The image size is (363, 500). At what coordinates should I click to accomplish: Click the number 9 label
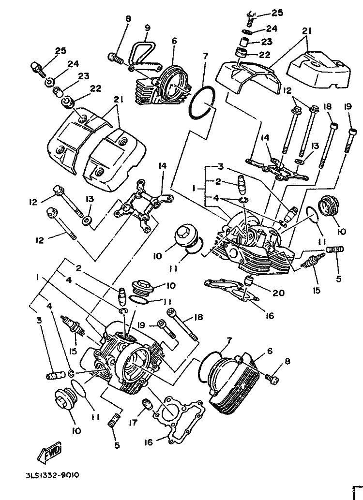[x=147, y=28]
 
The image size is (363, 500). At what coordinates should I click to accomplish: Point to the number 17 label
[x=133, y=423]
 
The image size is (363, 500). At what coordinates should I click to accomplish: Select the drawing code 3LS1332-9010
[x=53, y=475]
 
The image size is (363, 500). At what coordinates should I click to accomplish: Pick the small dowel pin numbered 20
[x=249, y=280]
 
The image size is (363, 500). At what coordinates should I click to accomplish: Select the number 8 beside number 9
[x=128, y=19]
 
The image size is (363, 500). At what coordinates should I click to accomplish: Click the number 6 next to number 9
[x=174, y=41]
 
